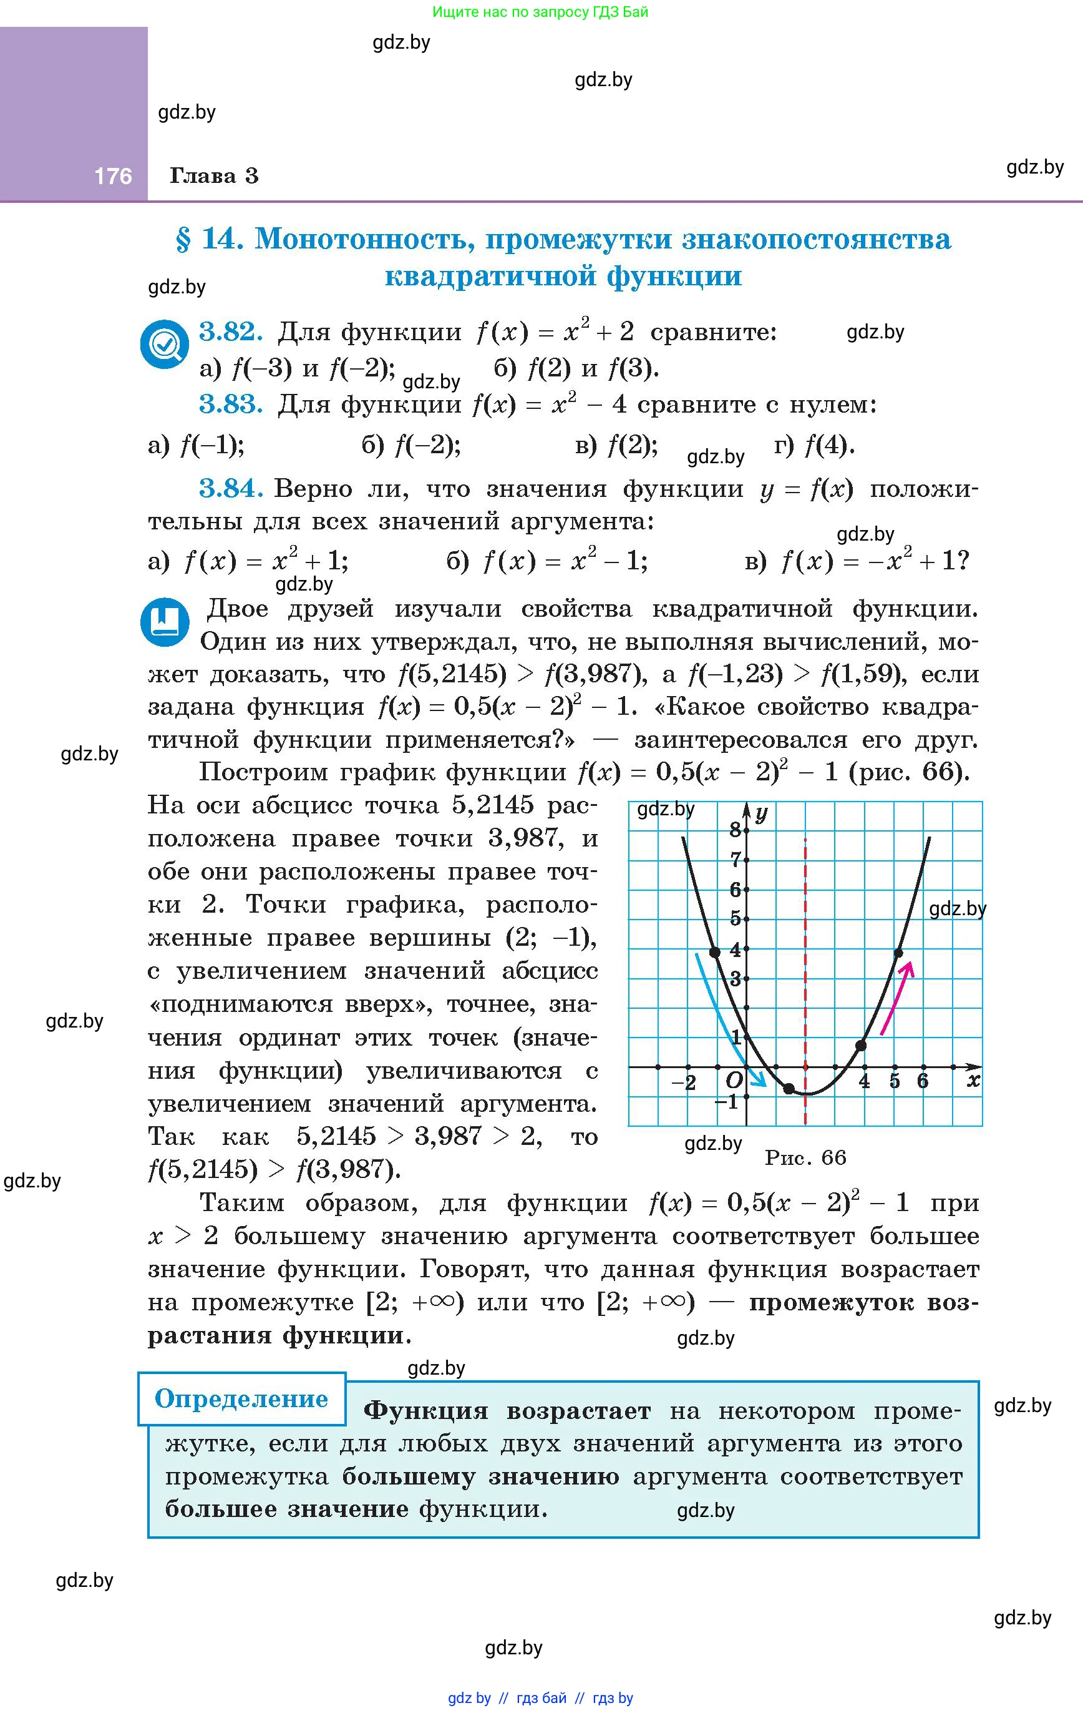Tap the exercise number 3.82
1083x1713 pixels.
coord(230,331)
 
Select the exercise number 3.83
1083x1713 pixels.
coord(230,404)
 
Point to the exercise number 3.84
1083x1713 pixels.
coord(230,488)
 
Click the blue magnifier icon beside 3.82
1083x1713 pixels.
coord(164,345)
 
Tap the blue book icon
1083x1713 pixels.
coord(165,621)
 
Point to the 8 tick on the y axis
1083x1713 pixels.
coord(736,829)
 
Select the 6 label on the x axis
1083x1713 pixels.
coord(922,1082)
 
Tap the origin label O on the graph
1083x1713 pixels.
coord(734,1081)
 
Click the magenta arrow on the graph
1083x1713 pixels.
coord(897,996)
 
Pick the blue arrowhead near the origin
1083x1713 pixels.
coord(761,1081)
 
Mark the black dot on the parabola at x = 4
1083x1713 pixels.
coord(861,1045)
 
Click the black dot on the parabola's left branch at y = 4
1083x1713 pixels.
coord(715,952)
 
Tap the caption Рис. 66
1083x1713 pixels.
coord(805,1157)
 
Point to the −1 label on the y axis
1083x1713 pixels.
coord(726,1102)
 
